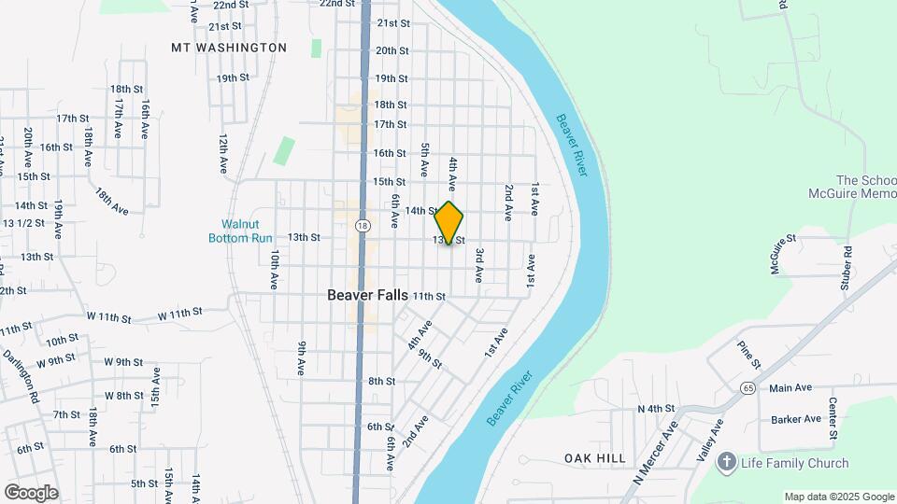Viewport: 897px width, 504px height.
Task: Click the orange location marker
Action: (449, 223)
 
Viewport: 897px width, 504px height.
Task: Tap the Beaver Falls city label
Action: (367, 295)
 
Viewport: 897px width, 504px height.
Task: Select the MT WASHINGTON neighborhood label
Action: (229, 47)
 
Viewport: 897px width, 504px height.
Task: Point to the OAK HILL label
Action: (595, 458)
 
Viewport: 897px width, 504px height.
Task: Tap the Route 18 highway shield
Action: (363, 225)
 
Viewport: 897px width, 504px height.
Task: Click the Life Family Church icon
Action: (727, 462)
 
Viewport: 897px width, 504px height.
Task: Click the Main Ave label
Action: (790, 387)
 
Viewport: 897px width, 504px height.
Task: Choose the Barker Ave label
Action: (796, 420)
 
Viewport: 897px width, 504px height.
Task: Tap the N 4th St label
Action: (656, 409)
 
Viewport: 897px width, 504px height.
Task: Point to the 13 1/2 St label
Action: (23, 223)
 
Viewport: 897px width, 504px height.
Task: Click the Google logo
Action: (31, 493)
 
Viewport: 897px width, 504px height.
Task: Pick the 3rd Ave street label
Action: (478, 266)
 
